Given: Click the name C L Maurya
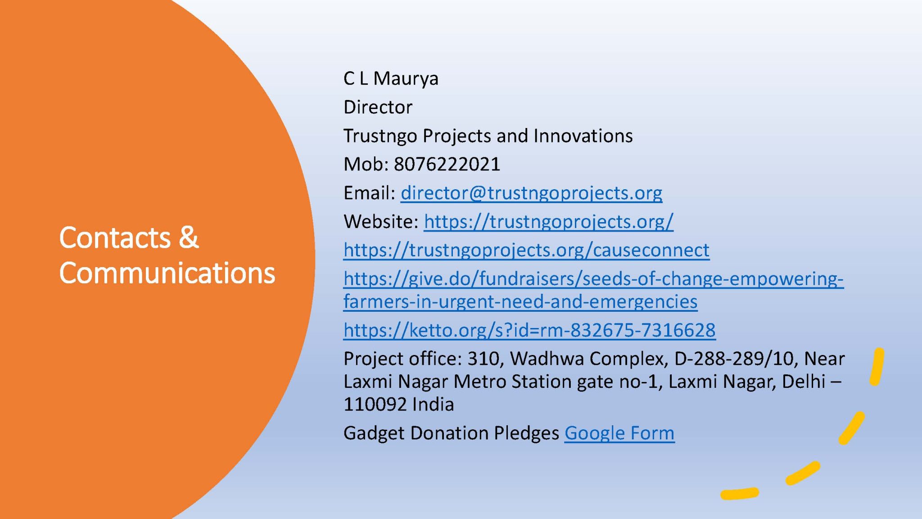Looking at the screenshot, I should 390,79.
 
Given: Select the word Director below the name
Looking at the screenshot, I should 378,107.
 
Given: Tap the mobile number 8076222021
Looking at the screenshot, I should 447,164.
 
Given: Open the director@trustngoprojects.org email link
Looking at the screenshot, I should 531,193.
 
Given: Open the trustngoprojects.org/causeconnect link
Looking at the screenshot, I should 526,250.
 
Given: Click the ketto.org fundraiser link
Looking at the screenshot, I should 529,330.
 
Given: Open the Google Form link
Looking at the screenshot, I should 619,433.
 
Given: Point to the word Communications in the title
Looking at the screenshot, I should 167,273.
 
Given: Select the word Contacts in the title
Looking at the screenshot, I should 115,237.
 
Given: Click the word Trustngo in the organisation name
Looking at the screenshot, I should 380,136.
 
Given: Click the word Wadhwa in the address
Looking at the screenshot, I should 547,359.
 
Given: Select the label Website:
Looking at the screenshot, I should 381,222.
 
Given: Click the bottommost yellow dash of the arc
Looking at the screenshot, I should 739,494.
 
